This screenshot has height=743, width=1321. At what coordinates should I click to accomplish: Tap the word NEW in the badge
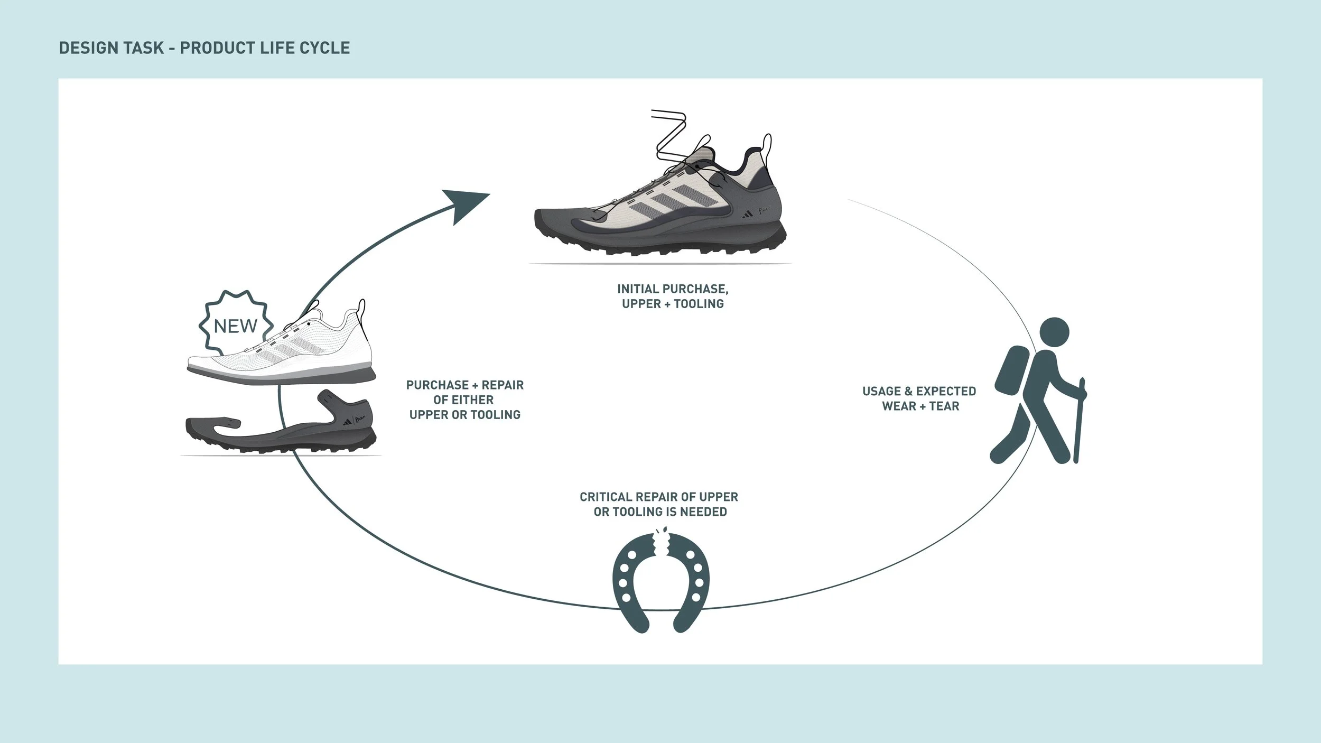(x=236, y=327)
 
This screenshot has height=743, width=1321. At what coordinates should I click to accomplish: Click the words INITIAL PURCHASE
(x=672, y=289)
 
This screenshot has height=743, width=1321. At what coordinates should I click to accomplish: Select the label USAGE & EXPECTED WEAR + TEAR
(x=919, y=398)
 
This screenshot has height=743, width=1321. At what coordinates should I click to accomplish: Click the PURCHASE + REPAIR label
(x=465, y=400)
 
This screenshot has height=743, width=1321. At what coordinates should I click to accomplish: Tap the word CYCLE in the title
(x=324, y=48)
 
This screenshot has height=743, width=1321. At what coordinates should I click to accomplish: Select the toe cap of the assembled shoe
(x=555, y=222)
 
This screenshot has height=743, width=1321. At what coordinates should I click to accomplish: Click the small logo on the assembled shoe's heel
(x=747, y=213)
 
